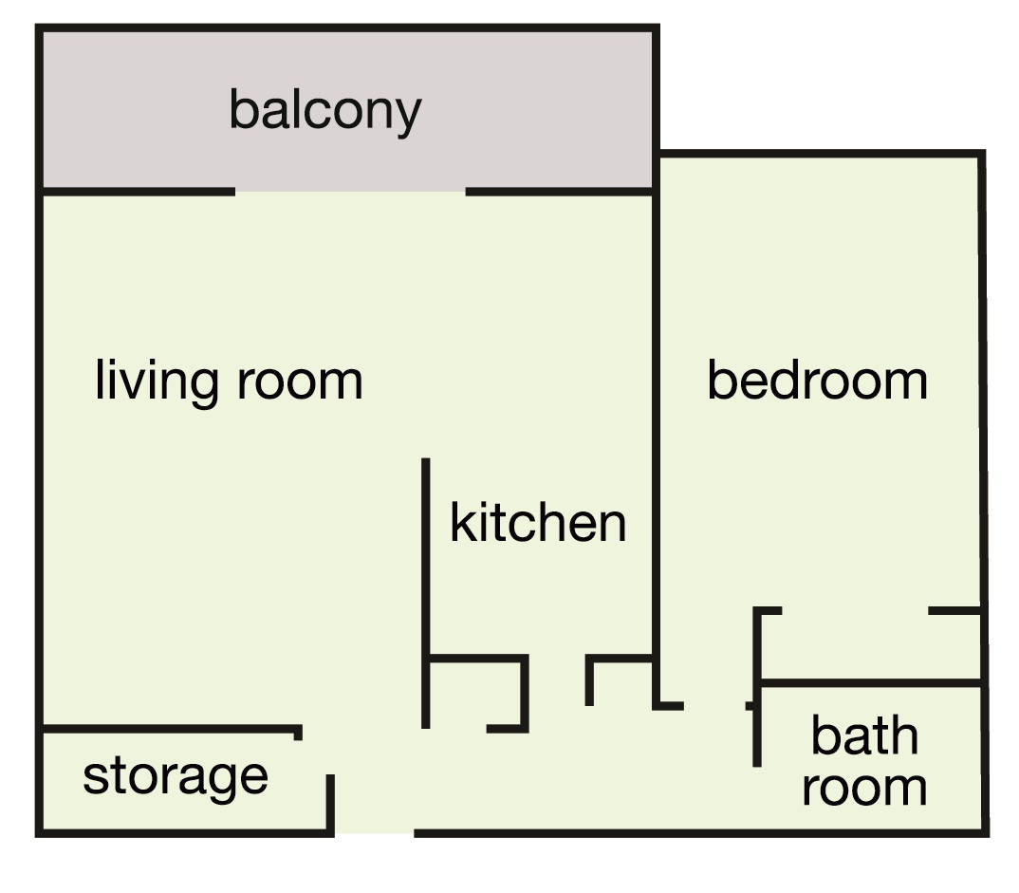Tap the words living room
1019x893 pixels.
pos(229,381)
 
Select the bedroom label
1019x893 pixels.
pos(818,381)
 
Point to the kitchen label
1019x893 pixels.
pos(538,522)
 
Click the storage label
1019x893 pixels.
pos(176,776)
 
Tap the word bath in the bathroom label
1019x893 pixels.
pos(864,735)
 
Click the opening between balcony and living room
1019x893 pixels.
pos(350,192)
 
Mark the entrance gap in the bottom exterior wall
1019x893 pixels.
pos(375,833)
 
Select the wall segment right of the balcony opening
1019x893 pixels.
pos(559,192)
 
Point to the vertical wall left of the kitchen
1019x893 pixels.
pos(426,593)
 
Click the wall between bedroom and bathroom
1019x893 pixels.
pos(870,683)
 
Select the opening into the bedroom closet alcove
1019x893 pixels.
pos(855,611)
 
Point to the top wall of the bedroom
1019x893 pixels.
pos(822,154)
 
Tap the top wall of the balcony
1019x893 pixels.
pos(347,28)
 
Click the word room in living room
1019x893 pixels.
pos(300,382)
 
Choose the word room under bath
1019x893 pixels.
pos(864,788)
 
